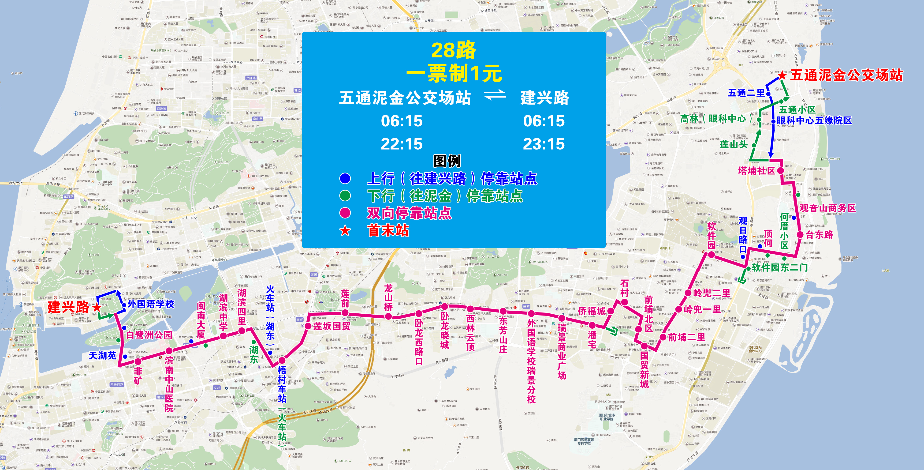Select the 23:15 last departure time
(x=544, y=144)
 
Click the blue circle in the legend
(x=345, y=178)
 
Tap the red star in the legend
(x=345, y=230)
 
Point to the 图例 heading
(x=447, y=161)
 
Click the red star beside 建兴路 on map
(x=97, y=308)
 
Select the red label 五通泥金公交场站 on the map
(x=846, y=75)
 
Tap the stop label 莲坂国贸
(x=332, y=326)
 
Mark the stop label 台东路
(x=819, y=235)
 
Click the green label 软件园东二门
(x=780, y=268)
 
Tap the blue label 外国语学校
(x=151, y=304)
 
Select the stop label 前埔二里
(x=686, y=337)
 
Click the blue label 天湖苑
(x=103, y=356)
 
